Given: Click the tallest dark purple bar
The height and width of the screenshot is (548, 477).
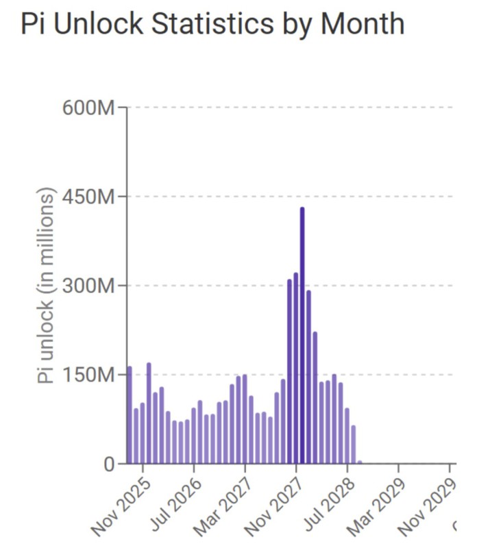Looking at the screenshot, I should [302, 336].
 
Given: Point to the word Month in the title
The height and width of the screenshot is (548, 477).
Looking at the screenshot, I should [363, 24].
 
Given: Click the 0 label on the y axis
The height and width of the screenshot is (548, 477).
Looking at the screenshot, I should [110, 464].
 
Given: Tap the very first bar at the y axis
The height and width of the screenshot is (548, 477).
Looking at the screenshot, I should [130, 415].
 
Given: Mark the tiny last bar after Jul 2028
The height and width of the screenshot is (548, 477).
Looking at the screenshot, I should [360, 462].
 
